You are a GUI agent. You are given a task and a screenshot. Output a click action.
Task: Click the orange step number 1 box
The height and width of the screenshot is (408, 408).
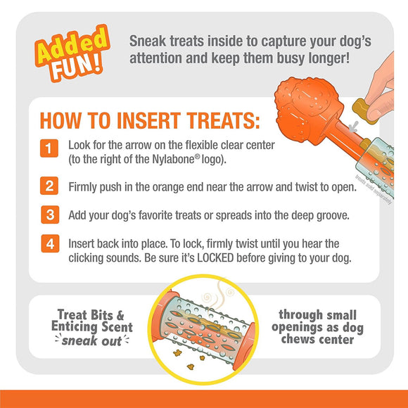coord(49,149)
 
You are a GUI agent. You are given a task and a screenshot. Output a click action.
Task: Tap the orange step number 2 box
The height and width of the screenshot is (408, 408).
coord(49,186)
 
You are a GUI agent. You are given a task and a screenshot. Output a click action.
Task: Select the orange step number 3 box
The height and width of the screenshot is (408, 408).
coord(49,214)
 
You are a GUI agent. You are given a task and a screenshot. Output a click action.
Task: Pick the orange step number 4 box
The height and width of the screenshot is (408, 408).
coord(49,243)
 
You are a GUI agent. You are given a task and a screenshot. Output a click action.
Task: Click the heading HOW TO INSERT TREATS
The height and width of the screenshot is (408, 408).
coord(149,120)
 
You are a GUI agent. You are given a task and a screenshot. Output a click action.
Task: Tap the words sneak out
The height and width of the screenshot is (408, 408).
coord(91,341)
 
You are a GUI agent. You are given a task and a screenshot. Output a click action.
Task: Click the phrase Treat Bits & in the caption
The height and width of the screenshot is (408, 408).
coord(93,314)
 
